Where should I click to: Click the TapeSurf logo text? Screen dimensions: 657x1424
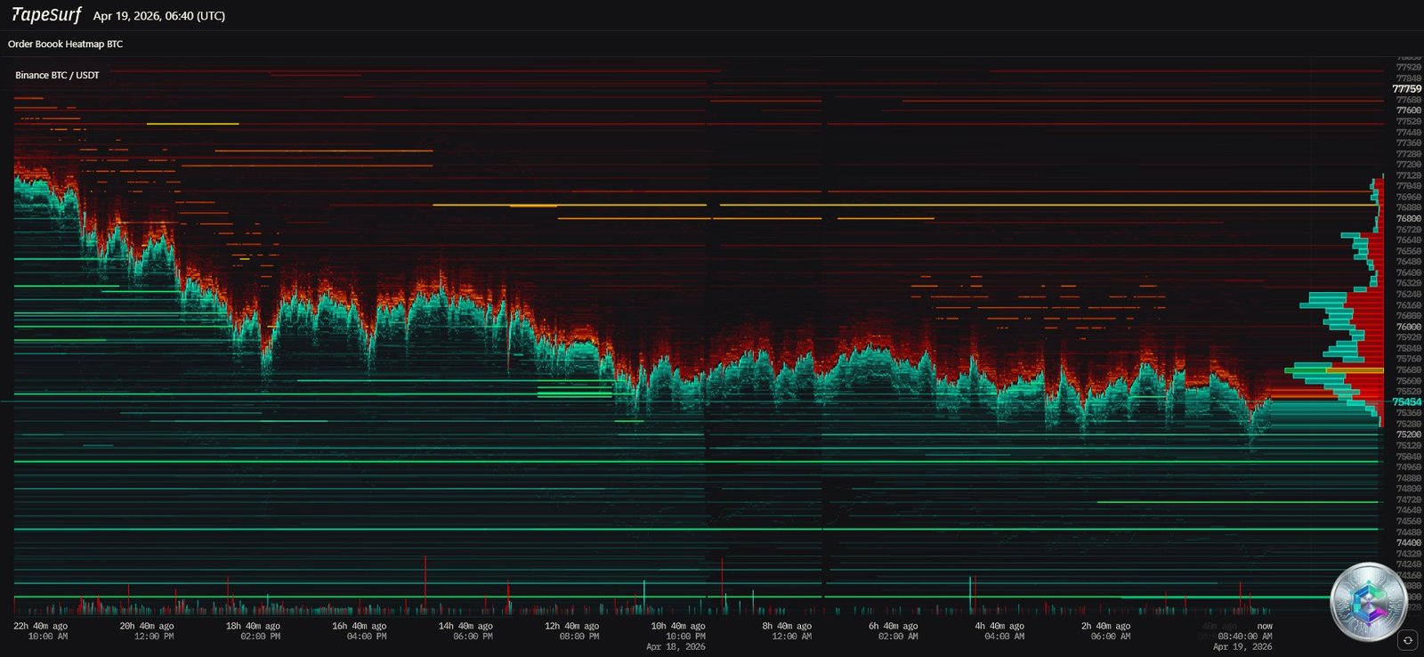point(46,15)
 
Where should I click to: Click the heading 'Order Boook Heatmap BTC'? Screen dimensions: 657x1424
point(65,44)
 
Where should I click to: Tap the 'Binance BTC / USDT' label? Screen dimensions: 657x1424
point(57,75)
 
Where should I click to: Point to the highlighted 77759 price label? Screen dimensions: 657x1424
point(1406,89)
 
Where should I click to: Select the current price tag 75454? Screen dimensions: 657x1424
point(1406,402)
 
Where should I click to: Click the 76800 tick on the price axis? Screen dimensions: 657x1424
point(1408,218)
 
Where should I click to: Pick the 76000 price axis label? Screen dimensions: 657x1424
point(1408,327)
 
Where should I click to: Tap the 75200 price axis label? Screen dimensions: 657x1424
point(1408,434)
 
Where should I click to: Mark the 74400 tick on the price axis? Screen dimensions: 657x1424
point(1408,542)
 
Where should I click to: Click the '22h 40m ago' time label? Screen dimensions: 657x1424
point(41,626)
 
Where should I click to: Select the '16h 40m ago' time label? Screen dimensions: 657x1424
point(360,626)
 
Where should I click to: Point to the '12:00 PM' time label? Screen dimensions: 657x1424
point(154,637)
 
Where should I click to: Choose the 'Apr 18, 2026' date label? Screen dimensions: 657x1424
point(676,647)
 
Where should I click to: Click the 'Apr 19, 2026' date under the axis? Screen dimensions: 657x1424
point(1242,647)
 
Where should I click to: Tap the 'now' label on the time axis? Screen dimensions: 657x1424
point(1265,626)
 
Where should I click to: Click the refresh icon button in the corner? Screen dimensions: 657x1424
point(1407,640)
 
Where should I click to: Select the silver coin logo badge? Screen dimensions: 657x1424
point(1368,602)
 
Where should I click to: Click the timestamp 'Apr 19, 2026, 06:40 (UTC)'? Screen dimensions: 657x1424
point(159,16)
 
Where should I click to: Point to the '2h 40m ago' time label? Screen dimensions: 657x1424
point(1105,626)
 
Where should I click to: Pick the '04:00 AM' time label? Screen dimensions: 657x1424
point(1004,637)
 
